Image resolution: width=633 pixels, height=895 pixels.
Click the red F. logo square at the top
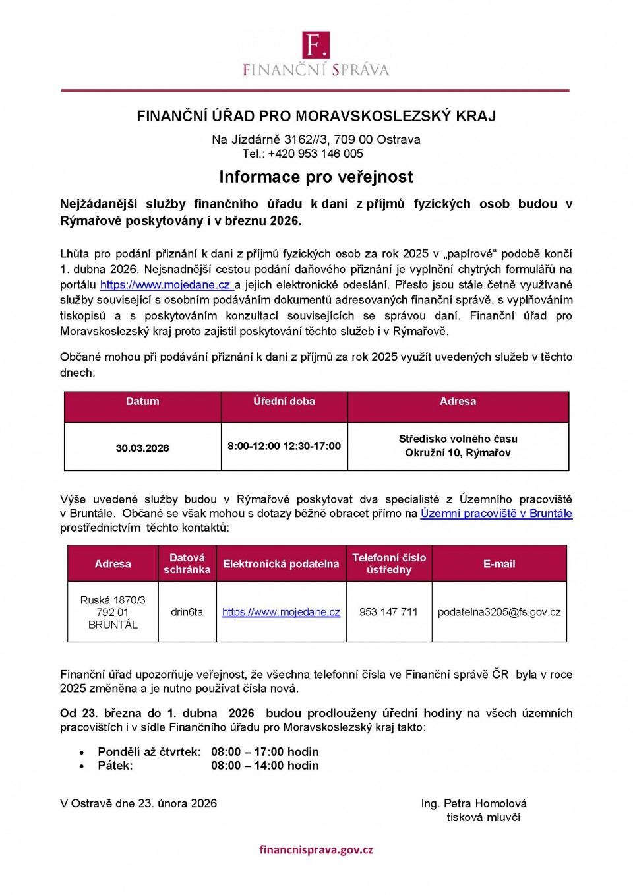pos(316,45)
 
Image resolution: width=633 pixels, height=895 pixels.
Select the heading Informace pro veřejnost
pos(316,177)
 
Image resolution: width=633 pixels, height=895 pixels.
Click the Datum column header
pos(142,401)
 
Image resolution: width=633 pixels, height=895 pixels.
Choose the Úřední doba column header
pos(284,401)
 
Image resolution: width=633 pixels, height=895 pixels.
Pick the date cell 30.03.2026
pos(142,448)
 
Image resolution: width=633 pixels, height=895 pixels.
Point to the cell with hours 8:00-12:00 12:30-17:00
pos(284,446)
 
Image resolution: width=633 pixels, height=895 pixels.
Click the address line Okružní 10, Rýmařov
pos(458,453)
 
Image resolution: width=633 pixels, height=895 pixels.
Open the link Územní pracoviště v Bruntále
pos(496,514)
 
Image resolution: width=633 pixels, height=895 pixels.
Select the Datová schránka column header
pos(187,563)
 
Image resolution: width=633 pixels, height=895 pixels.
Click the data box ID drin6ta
pos(187,612)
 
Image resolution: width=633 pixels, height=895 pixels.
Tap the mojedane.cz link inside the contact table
pos(281,612)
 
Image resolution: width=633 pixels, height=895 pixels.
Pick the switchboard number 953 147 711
pos(388,612)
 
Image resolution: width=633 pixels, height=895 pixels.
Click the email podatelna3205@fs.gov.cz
pos(499,612)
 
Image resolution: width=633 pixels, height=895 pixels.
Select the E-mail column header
pos(499,563)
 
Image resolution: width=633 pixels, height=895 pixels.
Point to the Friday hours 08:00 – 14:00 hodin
pos(264,766)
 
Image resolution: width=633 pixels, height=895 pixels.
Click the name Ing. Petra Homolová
pos(473,803)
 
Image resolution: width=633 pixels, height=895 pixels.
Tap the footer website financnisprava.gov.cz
pos(316,849)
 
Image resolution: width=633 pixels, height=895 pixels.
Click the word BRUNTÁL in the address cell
pos(113,625)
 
